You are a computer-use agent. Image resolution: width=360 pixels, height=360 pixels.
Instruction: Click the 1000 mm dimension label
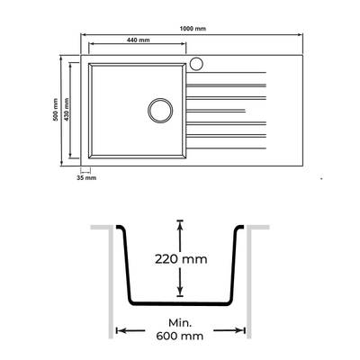193,29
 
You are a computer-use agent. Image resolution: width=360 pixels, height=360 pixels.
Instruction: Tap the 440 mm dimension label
138,40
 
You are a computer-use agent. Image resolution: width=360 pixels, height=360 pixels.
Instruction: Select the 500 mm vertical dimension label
55,110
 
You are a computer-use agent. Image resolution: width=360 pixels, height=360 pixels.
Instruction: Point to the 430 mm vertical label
67,110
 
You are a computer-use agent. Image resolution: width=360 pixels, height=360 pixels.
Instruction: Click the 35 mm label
86,178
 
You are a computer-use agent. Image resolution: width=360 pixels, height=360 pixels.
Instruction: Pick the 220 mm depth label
181,259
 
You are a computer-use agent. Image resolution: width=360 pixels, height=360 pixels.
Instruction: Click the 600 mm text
179,336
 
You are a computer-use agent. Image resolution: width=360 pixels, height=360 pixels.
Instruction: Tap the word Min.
180,323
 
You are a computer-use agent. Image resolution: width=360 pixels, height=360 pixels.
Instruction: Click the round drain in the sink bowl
160,110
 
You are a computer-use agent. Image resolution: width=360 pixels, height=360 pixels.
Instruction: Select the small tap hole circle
197,64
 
